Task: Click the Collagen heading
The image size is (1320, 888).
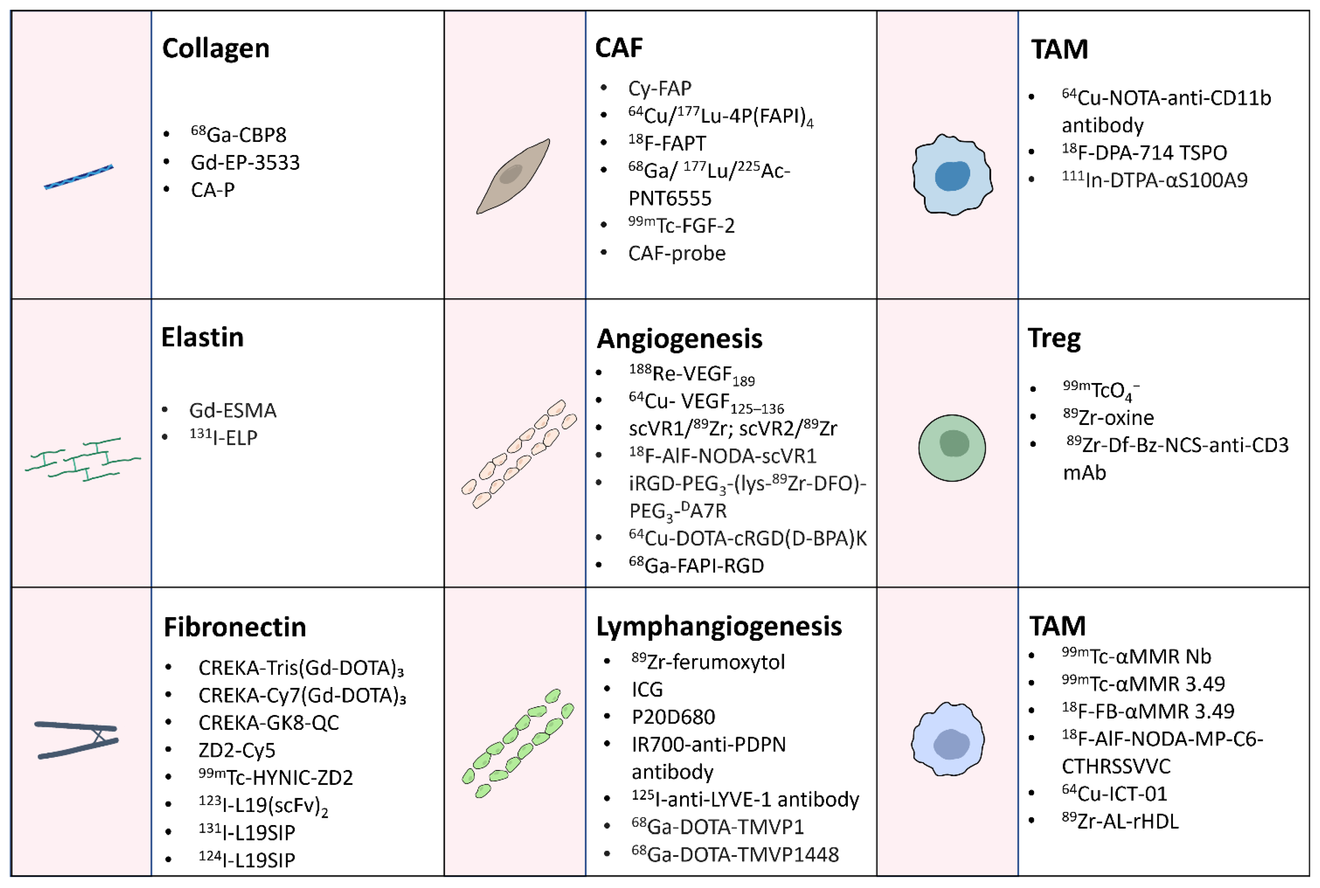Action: [215, 49]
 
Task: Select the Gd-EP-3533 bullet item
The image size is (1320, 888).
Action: [245, 163]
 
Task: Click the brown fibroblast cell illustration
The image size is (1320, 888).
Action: [513, 176]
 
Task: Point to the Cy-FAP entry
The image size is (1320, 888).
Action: [659, 88]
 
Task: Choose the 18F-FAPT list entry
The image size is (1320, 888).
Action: [667, 143]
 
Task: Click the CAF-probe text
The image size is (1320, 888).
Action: [676, 253]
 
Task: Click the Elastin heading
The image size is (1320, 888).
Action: [202, 337]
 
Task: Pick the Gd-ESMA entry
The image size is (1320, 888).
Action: [232, 411]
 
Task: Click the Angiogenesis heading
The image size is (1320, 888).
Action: [679, 339]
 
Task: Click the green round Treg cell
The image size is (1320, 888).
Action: [952, 448]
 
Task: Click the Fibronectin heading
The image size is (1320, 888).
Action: [235, 627]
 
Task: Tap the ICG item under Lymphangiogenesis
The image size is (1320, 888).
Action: [647, 689]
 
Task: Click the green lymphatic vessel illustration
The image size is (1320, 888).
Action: [517, 743]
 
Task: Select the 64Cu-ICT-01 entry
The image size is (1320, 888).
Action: [1114, 794]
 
